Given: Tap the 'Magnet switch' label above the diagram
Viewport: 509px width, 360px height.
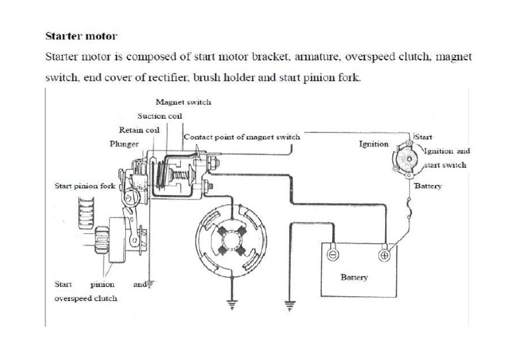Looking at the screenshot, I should tap(183, 102).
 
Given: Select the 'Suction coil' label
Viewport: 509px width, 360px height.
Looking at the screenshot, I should tap(160, 115).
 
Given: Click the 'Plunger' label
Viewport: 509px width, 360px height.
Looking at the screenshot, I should tap(124, 143).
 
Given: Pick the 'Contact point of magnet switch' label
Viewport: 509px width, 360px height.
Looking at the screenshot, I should tap(242, 137).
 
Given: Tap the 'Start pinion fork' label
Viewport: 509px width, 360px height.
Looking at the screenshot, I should tap(84, 186).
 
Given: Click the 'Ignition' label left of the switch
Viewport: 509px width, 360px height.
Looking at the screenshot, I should tap(374, 144).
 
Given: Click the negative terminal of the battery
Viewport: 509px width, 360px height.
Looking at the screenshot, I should tap(332, 255).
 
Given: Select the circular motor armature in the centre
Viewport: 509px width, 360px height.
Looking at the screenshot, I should tap(229, 240).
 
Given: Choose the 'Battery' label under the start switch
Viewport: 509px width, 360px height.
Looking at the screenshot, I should tap(427, 186).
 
